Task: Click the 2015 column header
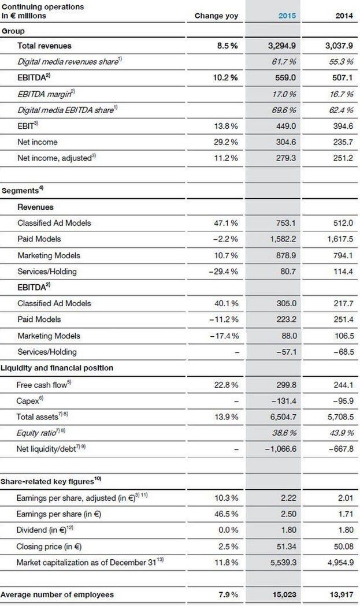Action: tap(287, 16)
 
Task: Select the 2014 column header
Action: tap(344, 16)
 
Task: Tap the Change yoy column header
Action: tap(216, 16)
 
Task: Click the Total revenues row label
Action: tap(44, 45)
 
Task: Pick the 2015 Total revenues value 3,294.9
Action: tap(283, 45)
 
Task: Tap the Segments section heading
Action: tap(21, 190)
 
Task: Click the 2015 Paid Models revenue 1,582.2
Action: tap(283, 239)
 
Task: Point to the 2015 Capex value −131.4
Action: tap(284, 400)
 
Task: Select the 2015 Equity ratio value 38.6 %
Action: tap(284, 432)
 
